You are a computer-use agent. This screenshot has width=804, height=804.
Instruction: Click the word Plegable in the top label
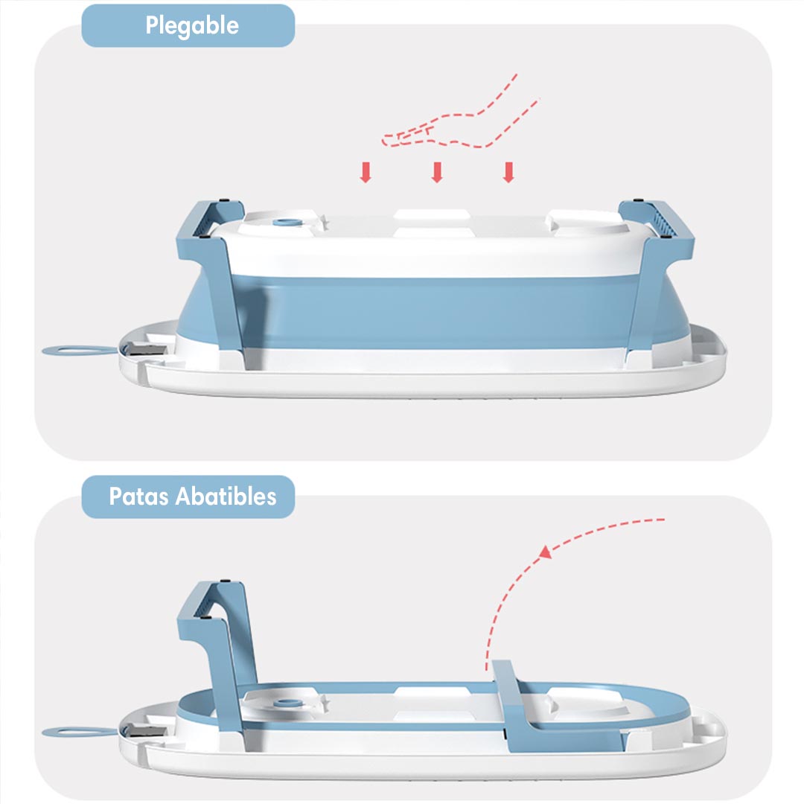tap(192, 26)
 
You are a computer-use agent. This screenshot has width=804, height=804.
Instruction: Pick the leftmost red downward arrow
tap(365, 172)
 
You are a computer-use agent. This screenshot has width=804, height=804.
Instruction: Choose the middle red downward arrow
tap(437, 172)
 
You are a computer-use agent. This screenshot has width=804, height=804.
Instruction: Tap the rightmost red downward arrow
tap(508, 172)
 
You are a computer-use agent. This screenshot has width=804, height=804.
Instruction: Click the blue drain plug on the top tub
tap(283, 222)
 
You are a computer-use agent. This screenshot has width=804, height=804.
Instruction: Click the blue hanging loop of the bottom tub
tap(71, 733)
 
